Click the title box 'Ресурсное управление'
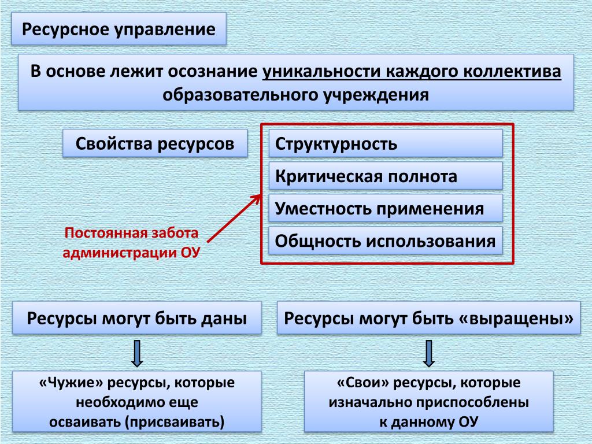click(119, 29)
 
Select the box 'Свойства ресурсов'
click(155, 143)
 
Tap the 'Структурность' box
click(386, 143)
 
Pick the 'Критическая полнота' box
click(386, 176)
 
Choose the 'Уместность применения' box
click(386, 208)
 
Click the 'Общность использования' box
click(386, 241)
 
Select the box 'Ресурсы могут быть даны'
click(137, 318)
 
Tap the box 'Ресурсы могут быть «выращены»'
click(428, 318)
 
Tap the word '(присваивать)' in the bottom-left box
click(174, 421)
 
